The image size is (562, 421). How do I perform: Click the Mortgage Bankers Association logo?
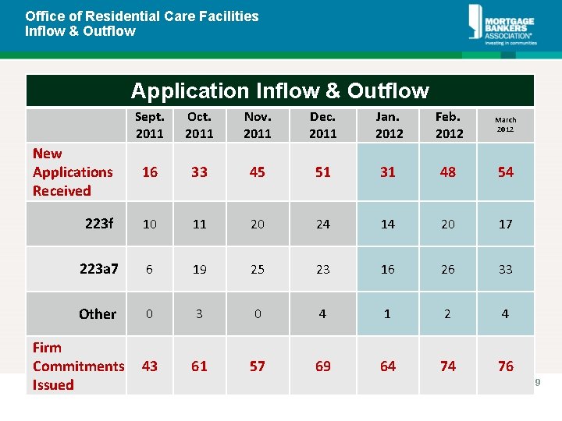click(501, 25)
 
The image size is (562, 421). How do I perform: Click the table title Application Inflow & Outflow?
click(279, 91)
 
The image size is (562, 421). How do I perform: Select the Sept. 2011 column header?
click(150, 125)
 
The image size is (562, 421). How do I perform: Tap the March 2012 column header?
click(505, 125)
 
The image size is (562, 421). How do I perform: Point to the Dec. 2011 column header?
click(322, 125)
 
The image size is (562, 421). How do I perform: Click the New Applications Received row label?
click(73, 172)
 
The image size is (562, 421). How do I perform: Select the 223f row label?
click(99, 224)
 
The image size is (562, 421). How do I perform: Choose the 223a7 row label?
click(99, 269)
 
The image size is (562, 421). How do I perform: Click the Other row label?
click(98, 314)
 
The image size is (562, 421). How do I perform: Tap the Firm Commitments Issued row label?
click(78, 366)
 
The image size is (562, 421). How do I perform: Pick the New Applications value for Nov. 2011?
click(257, 172)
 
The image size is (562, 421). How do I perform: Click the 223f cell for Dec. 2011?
click(322, 224)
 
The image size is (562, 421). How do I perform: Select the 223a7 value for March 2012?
click(505, 269)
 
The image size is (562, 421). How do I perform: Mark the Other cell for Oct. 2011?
click(199, 314)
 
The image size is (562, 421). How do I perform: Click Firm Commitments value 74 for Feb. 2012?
click(447, 366)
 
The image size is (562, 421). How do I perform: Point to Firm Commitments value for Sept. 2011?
click(150, 366)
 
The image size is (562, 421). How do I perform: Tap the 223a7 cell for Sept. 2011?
click(150, 269)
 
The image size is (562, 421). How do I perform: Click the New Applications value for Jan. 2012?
click(388, 172)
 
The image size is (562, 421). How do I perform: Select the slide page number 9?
click(538, 382)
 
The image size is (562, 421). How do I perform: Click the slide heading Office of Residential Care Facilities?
click(141, 16)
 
